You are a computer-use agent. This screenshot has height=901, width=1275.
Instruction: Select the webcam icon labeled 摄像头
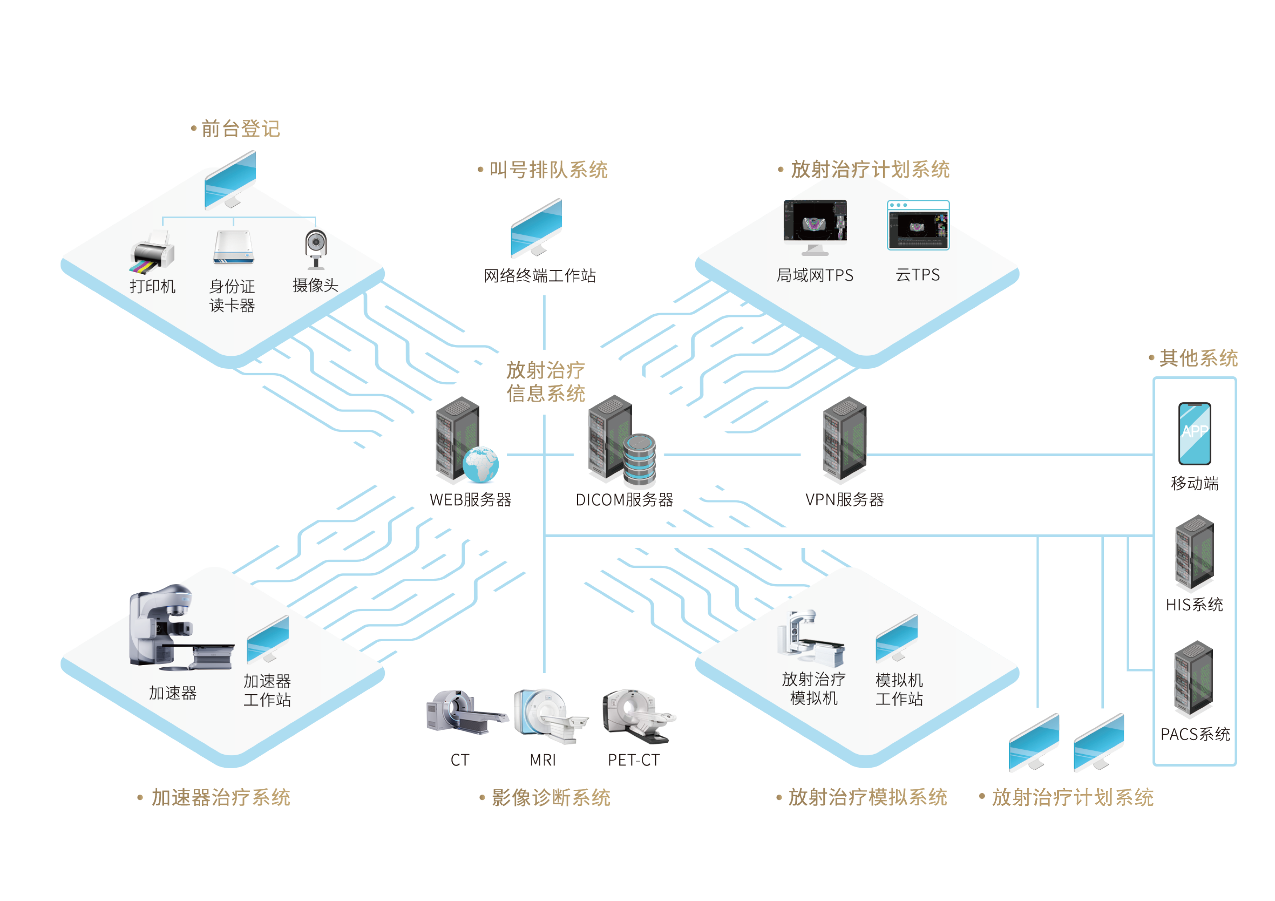(315, 248)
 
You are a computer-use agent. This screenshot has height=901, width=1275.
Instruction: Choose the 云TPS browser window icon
(918, 225)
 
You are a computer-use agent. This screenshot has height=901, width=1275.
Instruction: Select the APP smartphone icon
(1194, 433)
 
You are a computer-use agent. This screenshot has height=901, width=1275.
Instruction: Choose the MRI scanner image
(547, 714)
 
